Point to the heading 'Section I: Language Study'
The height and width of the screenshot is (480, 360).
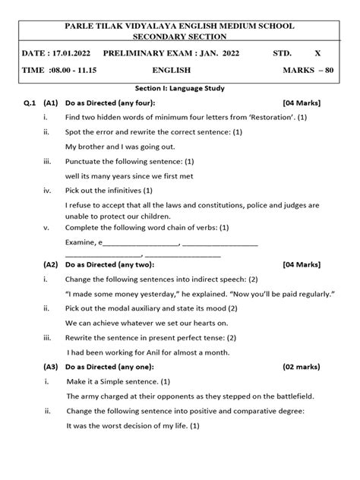point(179,89)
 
